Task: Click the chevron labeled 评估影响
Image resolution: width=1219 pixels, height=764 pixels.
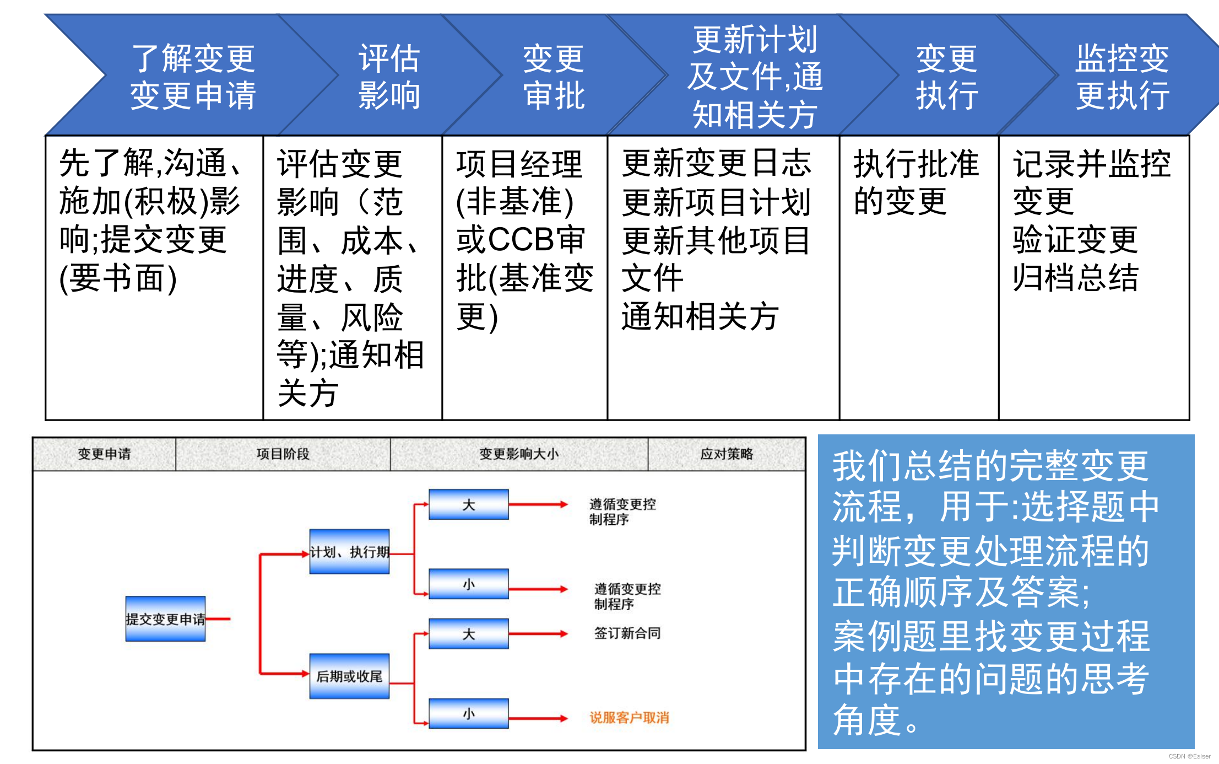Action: pos(389,76)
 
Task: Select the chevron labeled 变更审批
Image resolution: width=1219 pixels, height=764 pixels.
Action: pos(553,76)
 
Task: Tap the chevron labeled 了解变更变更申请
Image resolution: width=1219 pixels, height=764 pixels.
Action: pos(193,76)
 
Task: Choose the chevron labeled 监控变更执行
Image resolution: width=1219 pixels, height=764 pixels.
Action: pos(1122,76)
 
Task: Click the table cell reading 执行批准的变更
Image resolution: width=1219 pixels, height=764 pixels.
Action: pos(915,182)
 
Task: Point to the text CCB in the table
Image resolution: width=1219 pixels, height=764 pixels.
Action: pos(521,240)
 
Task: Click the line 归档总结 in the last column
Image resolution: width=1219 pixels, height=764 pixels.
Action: pos(1075,277)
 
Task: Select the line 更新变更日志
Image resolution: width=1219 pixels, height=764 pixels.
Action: pos(716,163)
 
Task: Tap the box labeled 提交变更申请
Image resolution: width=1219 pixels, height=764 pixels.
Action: pos(165,618)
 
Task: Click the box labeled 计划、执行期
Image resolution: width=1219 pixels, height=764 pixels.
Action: pos(349,552)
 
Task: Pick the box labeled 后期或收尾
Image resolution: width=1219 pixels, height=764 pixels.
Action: pos(349,676)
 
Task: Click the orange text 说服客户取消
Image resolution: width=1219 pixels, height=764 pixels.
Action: pos(629,718)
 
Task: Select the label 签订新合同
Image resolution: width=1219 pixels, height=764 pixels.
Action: pos(627,633)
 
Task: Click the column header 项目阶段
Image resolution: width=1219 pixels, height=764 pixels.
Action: pos(283,454)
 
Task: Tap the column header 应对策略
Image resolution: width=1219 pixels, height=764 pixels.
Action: pos(726,454)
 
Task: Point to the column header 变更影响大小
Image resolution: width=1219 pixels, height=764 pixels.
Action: pos(518,454)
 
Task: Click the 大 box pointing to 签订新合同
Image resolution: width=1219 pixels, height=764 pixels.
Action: pos(469,634)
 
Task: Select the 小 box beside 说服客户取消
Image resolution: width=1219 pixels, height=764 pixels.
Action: pos(469,714)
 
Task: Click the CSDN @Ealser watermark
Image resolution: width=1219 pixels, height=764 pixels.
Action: pos(1189,756)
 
